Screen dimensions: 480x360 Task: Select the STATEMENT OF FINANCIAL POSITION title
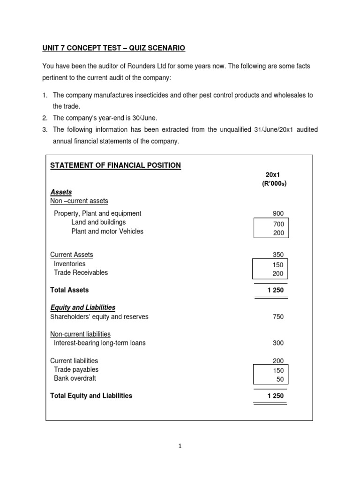coord(115,165)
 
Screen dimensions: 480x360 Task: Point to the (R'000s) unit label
coord(274,183)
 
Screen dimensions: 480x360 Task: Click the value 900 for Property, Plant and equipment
coord(278,214)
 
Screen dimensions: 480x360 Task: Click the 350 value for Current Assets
coord(278,255)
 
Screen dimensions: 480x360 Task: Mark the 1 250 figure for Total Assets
coord(275,291)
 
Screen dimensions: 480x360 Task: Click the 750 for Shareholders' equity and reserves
coord(278,317)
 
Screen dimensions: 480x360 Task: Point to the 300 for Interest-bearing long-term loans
coord(278,343)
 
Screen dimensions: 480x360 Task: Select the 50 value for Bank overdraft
coord(280,379)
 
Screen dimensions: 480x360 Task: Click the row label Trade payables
coord(76,370)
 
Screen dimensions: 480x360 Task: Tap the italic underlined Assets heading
coord(60,192)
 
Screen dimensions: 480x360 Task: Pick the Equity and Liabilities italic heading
coord(82,307)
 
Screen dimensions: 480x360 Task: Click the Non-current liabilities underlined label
coord(80,334)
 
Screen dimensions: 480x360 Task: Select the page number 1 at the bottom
coord(180,446)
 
